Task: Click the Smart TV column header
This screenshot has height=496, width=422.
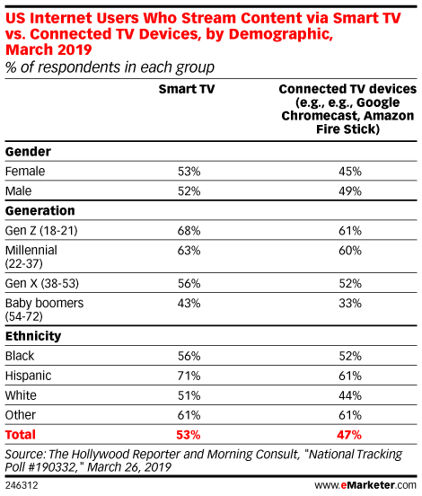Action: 187,89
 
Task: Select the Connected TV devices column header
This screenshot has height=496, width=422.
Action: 347,109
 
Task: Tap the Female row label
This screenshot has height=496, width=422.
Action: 25,171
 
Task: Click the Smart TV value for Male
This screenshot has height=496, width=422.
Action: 189,191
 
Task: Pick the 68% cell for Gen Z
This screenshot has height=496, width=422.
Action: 189,231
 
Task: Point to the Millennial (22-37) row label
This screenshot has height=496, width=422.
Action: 31,257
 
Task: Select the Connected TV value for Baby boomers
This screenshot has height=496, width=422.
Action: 350,303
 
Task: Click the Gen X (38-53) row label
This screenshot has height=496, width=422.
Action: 41,283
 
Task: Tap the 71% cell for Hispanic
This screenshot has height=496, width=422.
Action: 189,376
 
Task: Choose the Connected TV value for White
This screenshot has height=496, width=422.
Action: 350,395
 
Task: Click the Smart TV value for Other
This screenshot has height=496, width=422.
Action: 189,415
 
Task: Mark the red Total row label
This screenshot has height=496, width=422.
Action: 21,435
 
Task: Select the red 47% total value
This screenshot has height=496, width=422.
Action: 349,435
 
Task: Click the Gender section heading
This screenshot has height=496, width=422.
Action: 28,152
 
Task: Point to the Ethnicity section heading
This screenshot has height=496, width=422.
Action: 33,336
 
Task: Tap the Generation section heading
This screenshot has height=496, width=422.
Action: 40,210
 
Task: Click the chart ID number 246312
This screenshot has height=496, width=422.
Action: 22,485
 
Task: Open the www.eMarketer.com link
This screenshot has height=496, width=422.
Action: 365,485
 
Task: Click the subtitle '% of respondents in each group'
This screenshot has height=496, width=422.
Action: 110,67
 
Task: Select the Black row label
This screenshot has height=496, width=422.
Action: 20,356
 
